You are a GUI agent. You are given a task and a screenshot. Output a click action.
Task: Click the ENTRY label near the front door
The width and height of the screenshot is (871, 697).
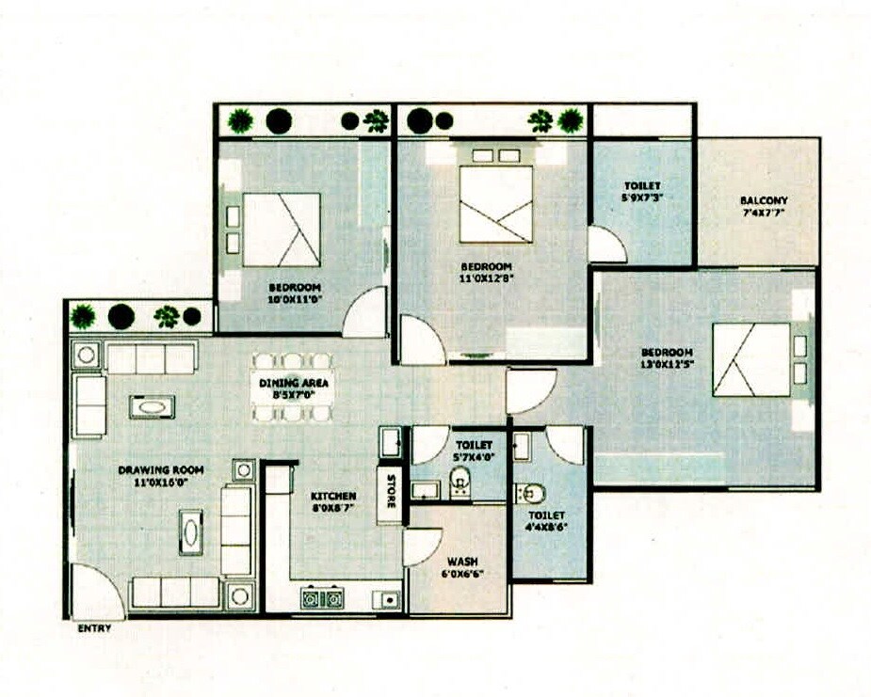coord(93,628)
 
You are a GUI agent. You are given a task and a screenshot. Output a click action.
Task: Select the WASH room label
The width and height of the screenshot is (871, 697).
coord(461,562)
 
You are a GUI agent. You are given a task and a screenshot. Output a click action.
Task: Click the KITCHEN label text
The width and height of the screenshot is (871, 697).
coord(333,496)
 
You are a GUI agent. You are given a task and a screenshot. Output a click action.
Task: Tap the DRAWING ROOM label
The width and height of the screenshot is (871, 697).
coord(161,469)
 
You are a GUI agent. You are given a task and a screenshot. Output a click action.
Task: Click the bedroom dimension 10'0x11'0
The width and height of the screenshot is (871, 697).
coord(295,300)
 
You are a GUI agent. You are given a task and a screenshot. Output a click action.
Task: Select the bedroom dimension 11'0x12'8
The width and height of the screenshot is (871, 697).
coord(486,277)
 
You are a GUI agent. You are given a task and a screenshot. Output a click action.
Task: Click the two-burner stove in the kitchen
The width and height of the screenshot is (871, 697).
coord(322,596)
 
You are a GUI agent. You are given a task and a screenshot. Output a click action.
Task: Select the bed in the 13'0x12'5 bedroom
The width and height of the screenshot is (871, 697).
coord(750,359)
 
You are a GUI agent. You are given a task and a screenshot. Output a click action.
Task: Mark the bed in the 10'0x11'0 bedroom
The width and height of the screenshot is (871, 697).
coord(282,230)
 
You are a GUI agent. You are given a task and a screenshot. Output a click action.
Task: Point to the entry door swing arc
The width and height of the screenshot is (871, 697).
coord(97,591)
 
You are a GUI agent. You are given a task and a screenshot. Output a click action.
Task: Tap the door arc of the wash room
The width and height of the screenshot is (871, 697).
coord(422,547)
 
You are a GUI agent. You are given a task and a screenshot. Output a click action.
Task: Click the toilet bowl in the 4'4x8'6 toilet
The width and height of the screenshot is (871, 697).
coord(529,493)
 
